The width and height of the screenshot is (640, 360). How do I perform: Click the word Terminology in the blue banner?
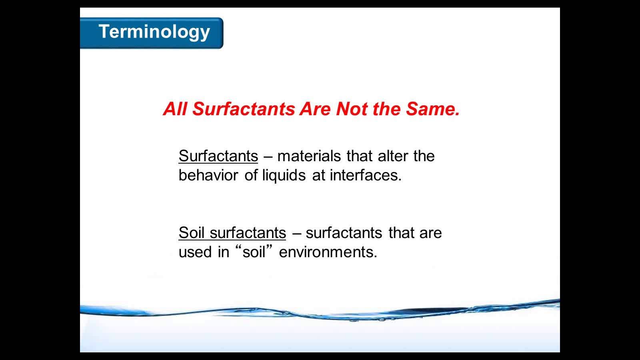[x=154, y=32]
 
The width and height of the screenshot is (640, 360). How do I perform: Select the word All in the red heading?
[x=175, y=109]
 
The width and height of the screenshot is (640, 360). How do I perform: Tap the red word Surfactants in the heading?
[x=244, y=109]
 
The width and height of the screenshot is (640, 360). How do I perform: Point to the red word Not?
[x=352, y=109]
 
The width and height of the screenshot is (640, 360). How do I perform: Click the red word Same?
[x=432, y=109]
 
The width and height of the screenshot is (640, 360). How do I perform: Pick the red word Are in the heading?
[x=315, y=109]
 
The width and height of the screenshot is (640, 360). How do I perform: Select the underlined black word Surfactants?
[x=218, y=156]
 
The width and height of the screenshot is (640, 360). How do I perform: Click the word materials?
[x=309, y=156]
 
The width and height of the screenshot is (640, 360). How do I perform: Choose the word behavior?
[x=208, y=175]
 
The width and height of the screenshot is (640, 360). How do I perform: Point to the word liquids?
[x=284, y=176]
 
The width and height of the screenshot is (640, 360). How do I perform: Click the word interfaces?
[x=366, y=175]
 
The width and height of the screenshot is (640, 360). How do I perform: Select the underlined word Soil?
[x=192, y=232]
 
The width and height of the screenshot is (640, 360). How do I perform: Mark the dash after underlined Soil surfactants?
[x=297, y=233]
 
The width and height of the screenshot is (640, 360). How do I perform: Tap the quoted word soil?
[x=254, y=252]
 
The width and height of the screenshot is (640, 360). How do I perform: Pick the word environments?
[x=328, y=252]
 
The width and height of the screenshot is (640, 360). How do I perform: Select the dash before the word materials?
[x=268, y=156]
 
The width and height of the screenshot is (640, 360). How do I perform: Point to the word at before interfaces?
[x=318, y=176]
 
